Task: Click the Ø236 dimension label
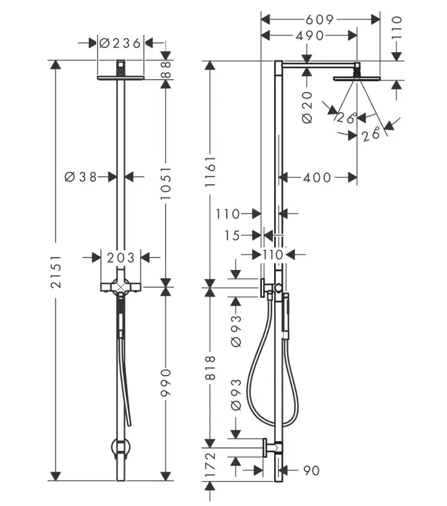(120, 43)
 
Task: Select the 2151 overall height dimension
(56, 271)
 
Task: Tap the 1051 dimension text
(166, 183)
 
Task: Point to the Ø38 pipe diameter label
(81, 177)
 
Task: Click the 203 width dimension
(121, 258)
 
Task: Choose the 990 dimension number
(166, 383)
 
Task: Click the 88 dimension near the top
(166, 70)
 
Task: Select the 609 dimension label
(319, 19)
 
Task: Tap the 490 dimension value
(310, 36)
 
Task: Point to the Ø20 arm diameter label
(307, 107)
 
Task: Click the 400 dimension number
(317, 178)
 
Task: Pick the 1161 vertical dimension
(210, 171)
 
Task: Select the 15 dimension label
(232, 235)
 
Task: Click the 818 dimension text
(210, 368)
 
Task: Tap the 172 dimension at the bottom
(210, 464)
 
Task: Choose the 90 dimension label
(312, 470)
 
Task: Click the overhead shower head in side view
(357, 78)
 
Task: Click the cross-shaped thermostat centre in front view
(121, 287)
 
